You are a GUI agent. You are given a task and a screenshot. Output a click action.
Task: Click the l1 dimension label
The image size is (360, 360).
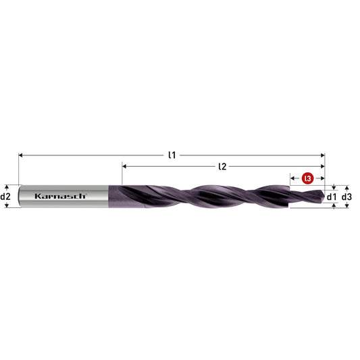pos(172,155)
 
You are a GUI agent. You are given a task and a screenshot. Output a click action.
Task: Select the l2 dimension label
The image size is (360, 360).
pos(222,166)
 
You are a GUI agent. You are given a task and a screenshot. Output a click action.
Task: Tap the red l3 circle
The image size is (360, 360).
pos(307,178)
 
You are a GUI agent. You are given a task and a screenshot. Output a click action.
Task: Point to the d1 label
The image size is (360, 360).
pos(332,197)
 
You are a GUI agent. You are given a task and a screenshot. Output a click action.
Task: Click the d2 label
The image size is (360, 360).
pos(5,197)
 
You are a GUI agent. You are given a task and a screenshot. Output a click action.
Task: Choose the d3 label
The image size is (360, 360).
pos(346,197)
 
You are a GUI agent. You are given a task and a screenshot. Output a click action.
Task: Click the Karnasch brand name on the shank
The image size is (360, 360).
pos(60,196)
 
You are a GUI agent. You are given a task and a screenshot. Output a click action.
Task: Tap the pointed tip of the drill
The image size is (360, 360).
pos(324,197)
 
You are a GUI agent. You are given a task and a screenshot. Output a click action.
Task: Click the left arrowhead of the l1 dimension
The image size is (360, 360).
pos(20,155)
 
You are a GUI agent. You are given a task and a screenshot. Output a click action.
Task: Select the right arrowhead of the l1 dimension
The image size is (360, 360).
pos(323,155)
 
